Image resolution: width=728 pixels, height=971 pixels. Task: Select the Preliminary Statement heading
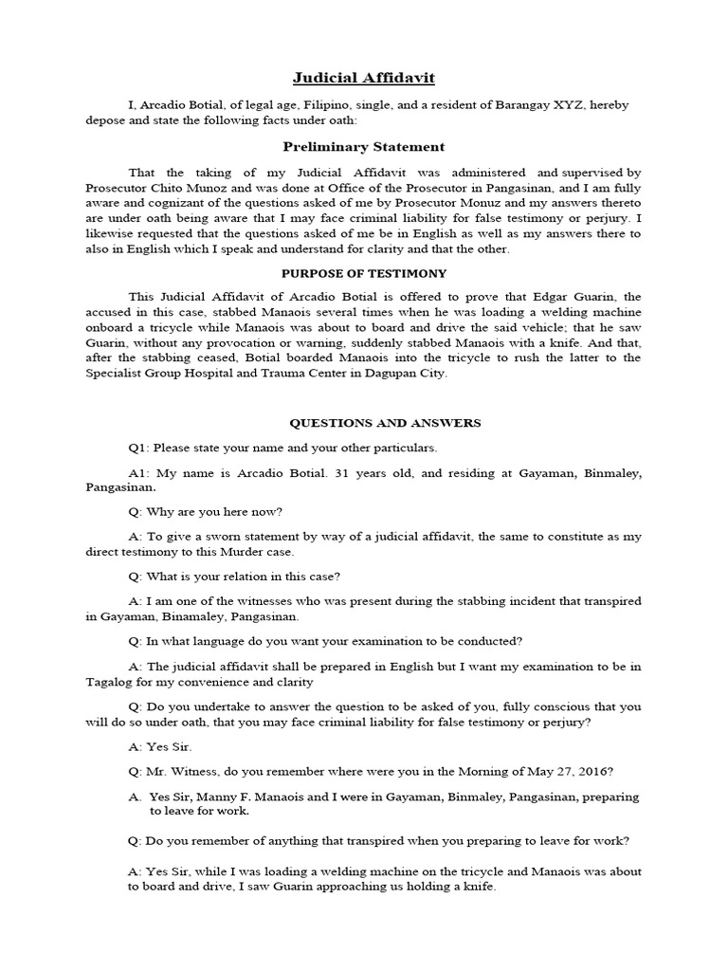pos(364,147)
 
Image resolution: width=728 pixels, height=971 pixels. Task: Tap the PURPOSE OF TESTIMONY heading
pos(364,273)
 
